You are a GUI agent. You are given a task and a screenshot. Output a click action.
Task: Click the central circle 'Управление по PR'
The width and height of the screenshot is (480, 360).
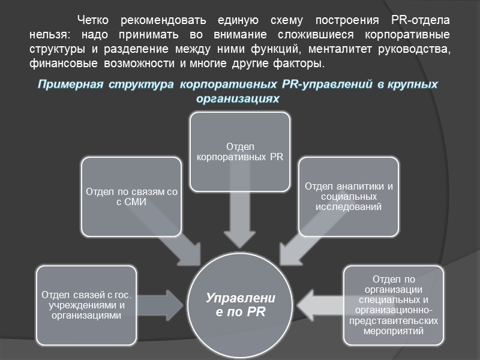click(240, 305)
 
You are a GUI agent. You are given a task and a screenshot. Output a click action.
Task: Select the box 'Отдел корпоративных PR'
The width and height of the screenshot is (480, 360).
click(240, 152)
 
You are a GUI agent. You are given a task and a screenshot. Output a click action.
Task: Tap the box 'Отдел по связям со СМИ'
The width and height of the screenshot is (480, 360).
click(131, 197)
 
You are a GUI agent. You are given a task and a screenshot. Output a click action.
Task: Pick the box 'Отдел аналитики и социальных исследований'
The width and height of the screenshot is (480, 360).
click(349, 197)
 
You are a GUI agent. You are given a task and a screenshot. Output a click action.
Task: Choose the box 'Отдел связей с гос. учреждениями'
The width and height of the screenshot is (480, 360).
click(86, 305)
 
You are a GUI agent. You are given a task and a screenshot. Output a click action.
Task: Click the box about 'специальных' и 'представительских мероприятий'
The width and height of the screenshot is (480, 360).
click(394, 305)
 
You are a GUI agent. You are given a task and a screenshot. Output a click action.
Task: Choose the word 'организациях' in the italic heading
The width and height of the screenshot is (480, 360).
click(240, 98)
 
